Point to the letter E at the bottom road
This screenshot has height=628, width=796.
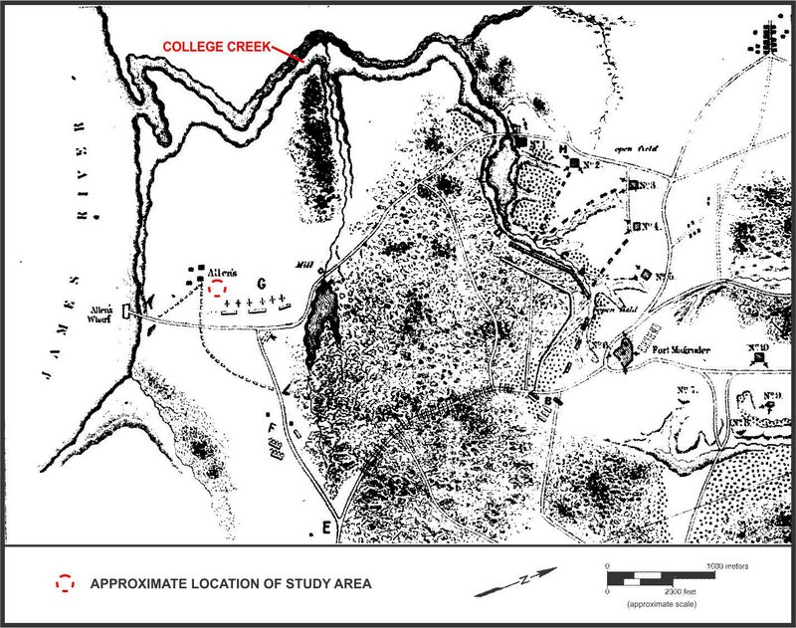click(x=325, y=525)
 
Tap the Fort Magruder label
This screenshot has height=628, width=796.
click(x=684, y=350)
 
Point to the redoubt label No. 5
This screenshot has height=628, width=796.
click(x=664, y=276)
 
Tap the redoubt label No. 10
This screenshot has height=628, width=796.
click(x=759, y=349)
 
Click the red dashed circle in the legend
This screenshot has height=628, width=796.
click(x=66, y=584)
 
